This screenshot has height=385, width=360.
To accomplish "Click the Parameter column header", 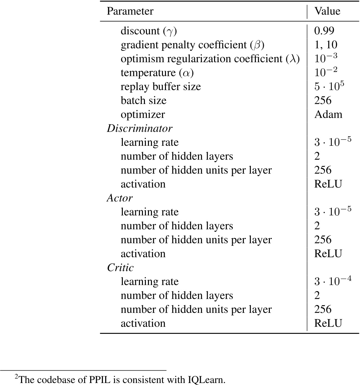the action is pos(130,11).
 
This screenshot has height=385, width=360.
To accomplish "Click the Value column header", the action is pos(327,11).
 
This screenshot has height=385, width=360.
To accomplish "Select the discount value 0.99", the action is pos(324,31).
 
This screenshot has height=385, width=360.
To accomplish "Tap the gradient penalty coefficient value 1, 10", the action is pos(326,45).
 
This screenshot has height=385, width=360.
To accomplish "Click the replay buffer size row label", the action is pos(161,87).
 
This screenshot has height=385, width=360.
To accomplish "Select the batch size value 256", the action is pos(323,101).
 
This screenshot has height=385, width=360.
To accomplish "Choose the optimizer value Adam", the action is pos(328,114).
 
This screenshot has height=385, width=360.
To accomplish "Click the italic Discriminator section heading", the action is pos(140,128).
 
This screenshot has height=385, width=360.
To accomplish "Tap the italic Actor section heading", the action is pos(120,198).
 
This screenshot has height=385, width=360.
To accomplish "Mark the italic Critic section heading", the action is pos(120,267).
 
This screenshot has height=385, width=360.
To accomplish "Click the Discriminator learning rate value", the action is pos(333,142).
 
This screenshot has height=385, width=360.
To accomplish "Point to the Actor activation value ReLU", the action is pos(328,254).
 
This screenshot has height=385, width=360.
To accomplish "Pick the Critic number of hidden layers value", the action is pos(317,295).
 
